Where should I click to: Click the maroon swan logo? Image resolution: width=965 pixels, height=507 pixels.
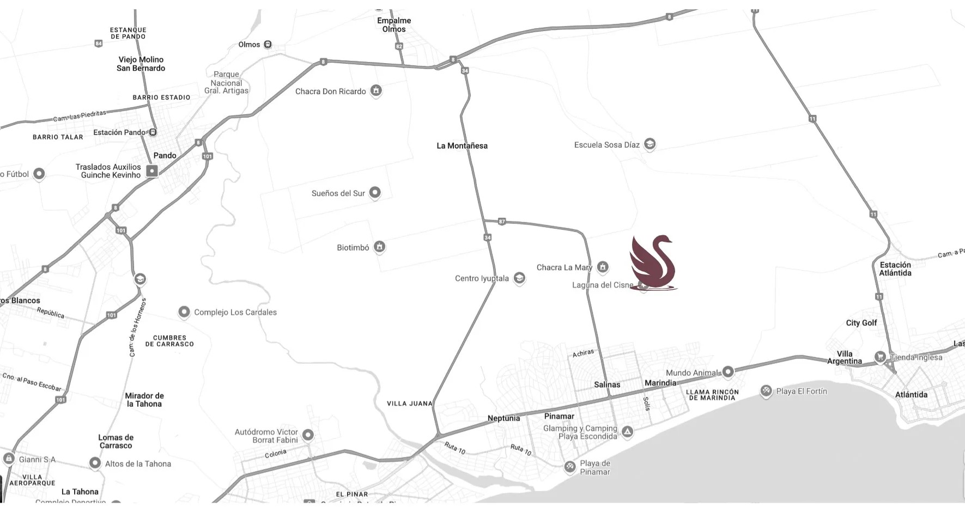point(653,262)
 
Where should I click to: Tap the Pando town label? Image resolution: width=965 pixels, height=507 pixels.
point(165,156)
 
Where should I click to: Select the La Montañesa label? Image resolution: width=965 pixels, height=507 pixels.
point(462,146)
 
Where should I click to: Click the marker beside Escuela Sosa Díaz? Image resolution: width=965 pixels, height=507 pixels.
point(650,144)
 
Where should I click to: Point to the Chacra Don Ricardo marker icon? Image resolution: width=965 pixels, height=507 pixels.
point(376,90)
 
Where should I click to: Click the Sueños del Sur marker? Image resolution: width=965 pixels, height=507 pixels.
point(375,192)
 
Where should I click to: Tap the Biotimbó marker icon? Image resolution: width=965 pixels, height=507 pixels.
point(380,247)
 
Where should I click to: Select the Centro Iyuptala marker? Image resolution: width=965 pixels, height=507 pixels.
point(519,278)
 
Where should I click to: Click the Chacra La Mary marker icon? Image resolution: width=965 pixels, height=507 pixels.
point(603,266)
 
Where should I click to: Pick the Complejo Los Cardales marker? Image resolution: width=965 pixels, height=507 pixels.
point(184,311)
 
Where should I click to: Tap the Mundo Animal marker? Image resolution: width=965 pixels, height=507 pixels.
point(728,372)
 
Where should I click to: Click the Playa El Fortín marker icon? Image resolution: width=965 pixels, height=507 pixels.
point(766,390)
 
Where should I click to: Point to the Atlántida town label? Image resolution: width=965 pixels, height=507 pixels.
point(911,395)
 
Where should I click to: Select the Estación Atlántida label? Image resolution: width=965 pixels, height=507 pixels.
point(895,269)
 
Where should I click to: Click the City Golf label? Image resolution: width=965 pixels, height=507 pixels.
point(861,323)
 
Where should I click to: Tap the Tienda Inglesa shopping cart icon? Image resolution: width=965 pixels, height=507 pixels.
point(880,357)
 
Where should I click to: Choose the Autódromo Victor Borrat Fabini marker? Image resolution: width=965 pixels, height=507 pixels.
point(308,435)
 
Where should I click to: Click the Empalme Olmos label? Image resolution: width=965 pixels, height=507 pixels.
point(394,25)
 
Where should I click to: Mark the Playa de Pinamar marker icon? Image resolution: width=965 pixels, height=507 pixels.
point(570,466)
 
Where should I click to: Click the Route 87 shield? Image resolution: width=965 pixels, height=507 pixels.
point(502,222)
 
